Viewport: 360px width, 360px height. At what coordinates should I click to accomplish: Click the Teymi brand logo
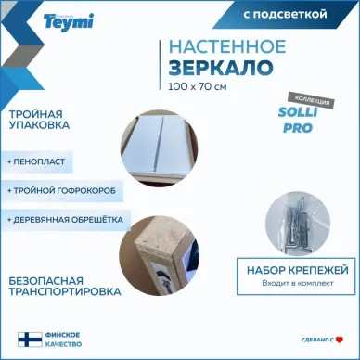[69, 22]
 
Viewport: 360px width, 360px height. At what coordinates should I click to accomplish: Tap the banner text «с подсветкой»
[285, 14]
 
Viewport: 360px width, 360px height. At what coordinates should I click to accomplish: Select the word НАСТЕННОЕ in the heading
[227, 46]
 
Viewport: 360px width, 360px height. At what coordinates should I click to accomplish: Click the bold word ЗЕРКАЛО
[221, 68]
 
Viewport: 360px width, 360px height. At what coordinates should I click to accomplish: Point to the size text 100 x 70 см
[198, 86]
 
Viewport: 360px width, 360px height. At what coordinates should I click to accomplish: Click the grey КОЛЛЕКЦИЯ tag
[313, 100]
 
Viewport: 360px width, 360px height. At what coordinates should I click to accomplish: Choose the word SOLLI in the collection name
[298, 112]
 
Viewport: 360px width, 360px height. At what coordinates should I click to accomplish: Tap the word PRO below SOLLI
[298, 128]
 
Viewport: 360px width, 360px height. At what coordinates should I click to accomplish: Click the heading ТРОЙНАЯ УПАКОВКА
[39, 120]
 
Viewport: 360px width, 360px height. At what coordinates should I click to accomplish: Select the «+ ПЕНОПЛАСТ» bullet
[36, 161]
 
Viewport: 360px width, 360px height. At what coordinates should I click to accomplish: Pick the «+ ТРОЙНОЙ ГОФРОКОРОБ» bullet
[61, 190]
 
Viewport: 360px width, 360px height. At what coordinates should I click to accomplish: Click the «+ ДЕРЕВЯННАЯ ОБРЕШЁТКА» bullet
[65, 220]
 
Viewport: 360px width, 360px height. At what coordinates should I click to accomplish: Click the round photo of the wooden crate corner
[160, 255]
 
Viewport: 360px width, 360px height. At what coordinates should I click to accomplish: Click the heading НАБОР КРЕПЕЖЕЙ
[298, 270]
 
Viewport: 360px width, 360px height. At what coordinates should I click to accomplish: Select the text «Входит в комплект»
[298, 283]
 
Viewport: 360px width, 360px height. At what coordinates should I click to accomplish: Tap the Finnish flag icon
[30, 340]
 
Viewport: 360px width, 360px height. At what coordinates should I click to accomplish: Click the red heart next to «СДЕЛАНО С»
[340, 340]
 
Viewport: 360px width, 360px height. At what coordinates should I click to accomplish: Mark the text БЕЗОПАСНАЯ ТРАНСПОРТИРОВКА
[65, 287]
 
